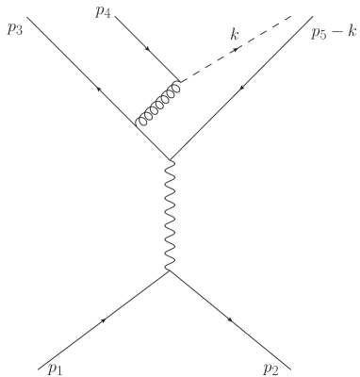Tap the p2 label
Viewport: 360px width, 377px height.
coord(270,366)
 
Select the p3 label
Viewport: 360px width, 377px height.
coord(15,28)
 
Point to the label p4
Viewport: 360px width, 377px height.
coord(103,12)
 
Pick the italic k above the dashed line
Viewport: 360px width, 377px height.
coord(236,35)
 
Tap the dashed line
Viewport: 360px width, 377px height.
coord(245,47)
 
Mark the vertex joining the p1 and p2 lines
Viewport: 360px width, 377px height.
coord(169,271)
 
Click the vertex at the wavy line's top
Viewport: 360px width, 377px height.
coord(169,158)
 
